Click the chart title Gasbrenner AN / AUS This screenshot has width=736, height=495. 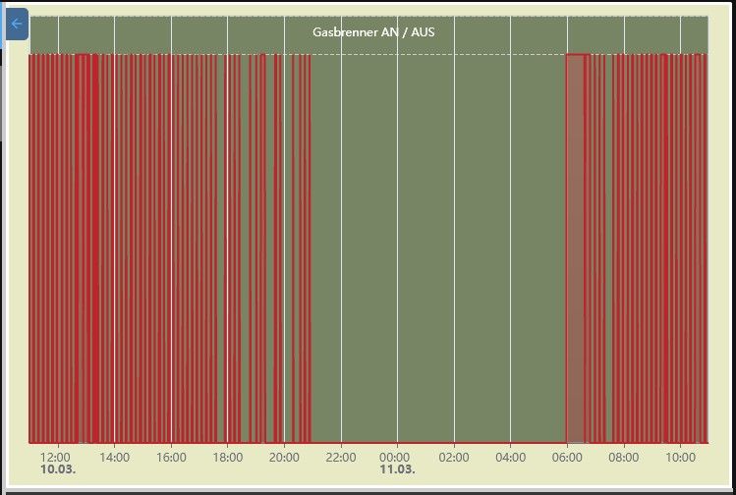[373, 31]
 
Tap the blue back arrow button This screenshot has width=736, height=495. [17, 24]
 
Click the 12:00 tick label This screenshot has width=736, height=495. [56, 457]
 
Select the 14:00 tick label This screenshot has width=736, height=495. [114, 457]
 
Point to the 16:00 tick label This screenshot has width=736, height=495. [171, 457]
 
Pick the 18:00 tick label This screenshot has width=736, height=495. [227, 457]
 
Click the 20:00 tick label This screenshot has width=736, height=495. [284, 457]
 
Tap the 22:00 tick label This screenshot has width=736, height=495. [340, 457]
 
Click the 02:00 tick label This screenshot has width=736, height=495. [453, 457]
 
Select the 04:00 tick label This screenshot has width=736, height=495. [510, 457]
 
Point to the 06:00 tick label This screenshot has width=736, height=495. [567, 457]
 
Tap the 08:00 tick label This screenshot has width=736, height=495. [623, 457]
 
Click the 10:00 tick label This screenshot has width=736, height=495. [680, 457]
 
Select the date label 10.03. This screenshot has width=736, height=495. [58, 469]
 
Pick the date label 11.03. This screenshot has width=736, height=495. [397, 469]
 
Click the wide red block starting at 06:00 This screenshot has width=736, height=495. [577, 246]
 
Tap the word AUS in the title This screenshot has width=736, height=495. [423, 31]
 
